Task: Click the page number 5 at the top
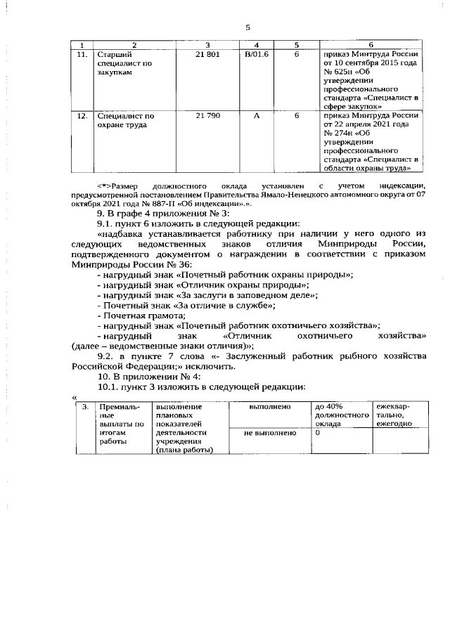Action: point(247,27)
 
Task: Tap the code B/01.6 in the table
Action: point(255,54)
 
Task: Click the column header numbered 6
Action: point(371,45)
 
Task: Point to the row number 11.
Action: point(82,54)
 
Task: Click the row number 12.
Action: point(82,115)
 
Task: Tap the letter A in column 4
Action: point(255,115)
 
